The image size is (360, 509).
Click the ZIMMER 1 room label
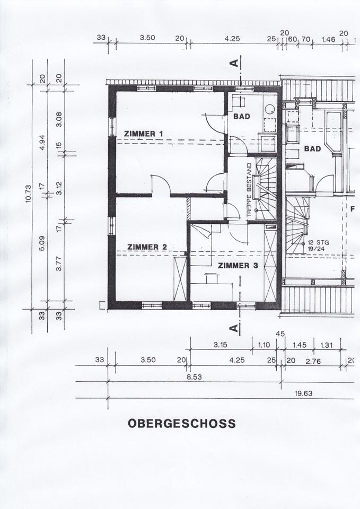coord(143,134)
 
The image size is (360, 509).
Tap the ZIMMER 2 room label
coord(147,247)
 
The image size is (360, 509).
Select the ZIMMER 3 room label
coord(238,266)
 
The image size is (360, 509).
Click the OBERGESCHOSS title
coord(182,424)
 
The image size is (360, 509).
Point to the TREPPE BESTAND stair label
coord(249,190)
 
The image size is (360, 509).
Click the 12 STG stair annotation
coord(317,243)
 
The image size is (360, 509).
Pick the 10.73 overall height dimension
coord(28,194)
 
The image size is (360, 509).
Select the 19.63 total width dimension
coord(303,393)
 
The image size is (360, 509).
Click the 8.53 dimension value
coord(194,377)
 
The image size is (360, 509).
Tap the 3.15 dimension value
coord(221,345)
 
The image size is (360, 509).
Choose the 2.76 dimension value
coord(313,361)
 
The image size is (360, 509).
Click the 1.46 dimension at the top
coord(328,40)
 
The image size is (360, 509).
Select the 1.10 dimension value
coord(264,345)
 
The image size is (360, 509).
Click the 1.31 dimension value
coord(327,345)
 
